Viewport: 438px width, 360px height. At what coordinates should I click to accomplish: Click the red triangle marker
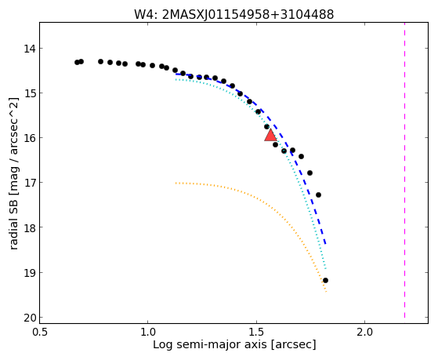(x=270, y=135)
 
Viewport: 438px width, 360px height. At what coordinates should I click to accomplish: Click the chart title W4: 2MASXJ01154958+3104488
(x=233, y=15)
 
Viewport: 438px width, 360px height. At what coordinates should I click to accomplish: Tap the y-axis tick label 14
(x=30, y=49)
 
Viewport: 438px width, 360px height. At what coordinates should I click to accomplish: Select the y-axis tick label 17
(x=30, y=183)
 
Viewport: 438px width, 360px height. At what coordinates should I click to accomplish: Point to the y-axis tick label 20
(x=30, y=318)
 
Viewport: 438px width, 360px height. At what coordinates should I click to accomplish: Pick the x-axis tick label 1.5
(x=257, y=332)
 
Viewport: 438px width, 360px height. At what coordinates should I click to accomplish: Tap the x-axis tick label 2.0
(x=365, y=332)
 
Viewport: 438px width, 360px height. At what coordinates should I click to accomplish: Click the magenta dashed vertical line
(x=404, y=170)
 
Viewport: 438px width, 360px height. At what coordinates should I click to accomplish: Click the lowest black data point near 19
(x=325, y=280)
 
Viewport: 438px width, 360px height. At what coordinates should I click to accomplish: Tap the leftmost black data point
(x=77, y=63)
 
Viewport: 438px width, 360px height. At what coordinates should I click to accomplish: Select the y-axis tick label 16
(x=30, y=138)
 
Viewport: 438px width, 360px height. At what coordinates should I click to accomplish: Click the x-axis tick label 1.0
(x=148, y=332)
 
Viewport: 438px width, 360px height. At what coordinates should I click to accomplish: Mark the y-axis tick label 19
(x=30, y=273)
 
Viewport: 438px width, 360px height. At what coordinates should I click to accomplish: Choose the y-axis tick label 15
(x=30, y=93)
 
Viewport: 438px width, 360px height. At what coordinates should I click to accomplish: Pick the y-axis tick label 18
(x=30, y=227)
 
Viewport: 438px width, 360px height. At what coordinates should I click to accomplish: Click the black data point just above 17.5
(x=318, y=195)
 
